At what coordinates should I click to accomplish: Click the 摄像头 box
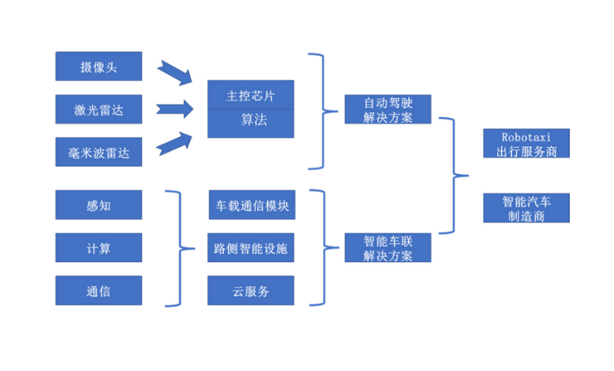pos(98,66)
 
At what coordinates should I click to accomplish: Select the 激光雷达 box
pos(98,109)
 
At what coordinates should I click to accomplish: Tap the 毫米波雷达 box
pos(98,152)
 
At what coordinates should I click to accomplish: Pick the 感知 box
pos(98,205)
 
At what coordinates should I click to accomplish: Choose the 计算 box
pos(98,248)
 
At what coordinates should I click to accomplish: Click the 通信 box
pos(98,290)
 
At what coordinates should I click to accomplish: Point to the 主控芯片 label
pos(250,95)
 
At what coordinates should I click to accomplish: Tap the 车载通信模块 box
pos(250,205)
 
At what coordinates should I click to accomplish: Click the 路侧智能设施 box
pos(250,248)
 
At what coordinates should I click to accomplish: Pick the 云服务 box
pos(250,290)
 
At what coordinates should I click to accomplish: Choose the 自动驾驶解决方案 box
pos(387,109)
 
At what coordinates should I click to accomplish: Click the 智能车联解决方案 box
pos(387,248)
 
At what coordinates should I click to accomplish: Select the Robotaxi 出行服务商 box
pos(526,143)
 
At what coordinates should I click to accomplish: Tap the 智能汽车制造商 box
pos(526,207)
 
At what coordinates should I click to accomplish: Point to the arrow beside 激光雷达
pos(175,108)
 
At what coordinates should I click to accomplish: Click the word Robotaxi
pos(526,136)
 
